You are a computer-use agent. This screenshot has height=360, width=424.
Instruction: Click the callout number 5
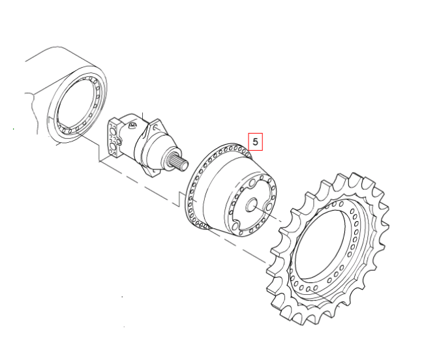255,142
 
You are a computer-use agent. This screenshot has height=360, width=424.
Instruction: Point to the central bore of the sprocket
320,245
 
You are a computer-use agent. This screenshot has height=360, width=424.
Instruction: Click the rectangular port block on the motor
114,138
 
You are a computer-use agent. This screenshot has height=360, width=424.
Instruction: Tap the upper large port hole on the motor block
112,132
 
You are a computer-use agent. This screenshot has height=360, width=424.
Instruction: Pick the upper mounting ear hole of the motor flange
156,127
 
